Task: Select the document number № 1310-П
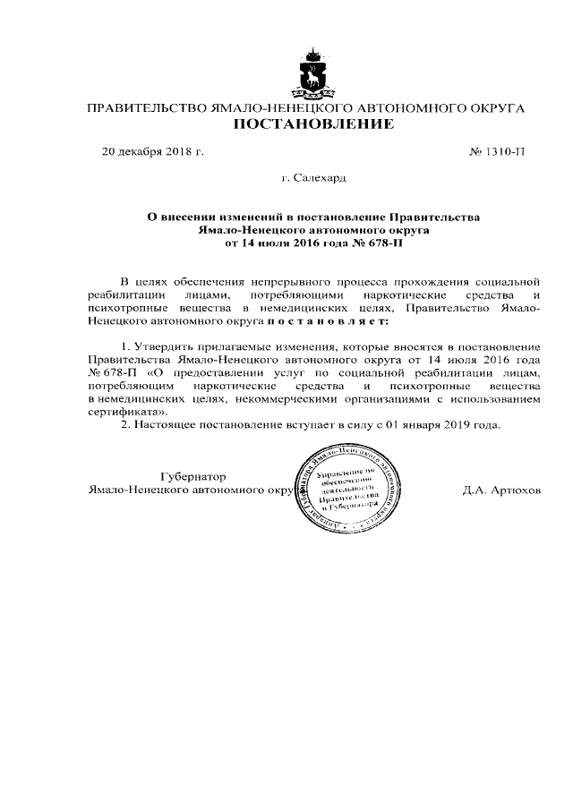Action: coord(497,151)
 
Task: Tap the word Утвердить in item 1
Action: coord(164,345)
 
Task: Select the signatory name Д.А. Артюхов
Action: coord(502,491)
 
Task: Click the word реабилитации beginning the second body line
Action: coord(129,294)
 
